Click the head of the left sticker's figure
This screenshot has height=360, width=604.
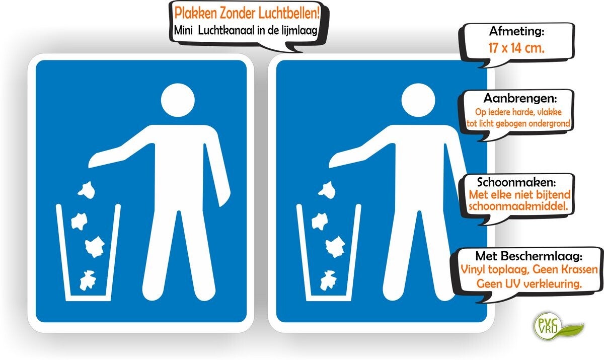(x=178, y=100)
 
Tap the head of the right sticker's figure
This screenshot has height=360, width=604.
(x=418, y=100)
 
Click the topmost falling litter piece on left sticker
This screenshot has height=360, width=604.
(x=86, y=190)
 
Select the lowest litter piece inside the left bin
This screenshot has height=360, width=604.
(x=88, y=280)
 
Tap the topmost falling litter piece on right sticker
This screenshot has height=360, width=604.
(x=327, y=190)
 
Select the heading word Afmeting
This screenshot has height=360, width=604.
(x=516, y=31)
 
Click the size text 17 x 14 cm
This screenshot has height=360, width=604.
(x=516, y=48)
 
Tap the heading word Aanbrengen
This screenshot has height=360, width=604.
(x=520, y=98)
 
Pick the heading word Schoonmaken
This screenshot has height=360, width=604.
(x=516, y=182)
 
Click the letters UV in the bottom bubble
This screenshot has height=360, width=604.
(x=508, y=283)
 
